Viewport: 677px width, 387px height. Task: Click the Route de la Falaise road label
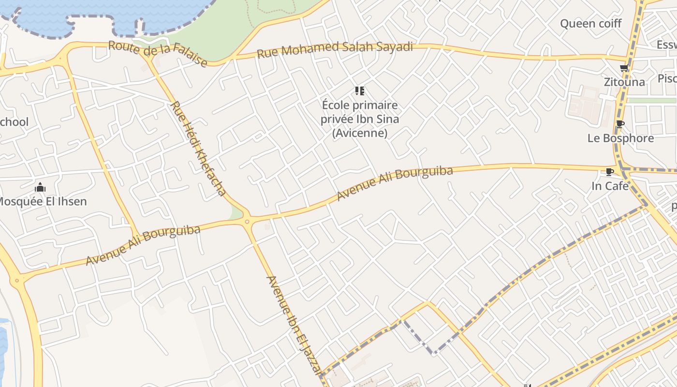[x=158, y=54]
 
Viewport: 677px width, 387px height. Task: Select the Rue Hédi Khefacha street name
[x=198, y=149]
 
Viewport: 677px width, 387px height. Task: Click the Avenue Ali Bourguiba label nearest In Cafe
[x=395, y=183]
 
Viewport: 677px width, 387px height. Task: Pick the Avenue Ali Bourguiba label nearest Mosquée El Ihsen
[x=143, y=245]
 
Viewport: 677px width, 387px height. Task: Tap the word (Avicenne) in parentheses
[x=360, y=133]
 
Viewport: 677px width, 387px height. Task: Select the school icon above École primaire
[x=359, y=91]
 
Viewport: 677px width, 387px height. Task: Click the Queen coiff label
[x=590, y=23]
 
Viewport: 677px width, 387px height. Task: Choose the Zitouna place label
[x=624, y=82]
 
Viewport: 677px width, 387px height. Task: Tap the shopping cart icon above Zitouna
[x=624, y=68]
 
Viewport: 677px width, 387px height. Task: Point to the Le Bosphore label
[x=620, y=138]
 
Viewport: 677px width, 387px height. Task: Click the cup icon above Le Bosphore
[x=620, y=124]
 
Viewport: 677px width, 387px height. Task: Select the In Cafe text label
[x=610, y=186]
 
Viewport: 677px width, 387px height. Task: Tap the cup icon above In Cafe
[x=610, y=172]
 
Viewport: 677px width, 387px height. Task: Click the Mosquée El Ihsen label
[x=42, y=201]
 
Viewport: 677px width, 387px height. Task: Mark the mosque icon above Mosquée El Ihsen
[x=40, y=187]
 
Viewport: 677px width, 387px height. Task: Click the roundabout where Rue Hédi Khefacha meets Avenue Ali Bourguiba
[x=248, y=221]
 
